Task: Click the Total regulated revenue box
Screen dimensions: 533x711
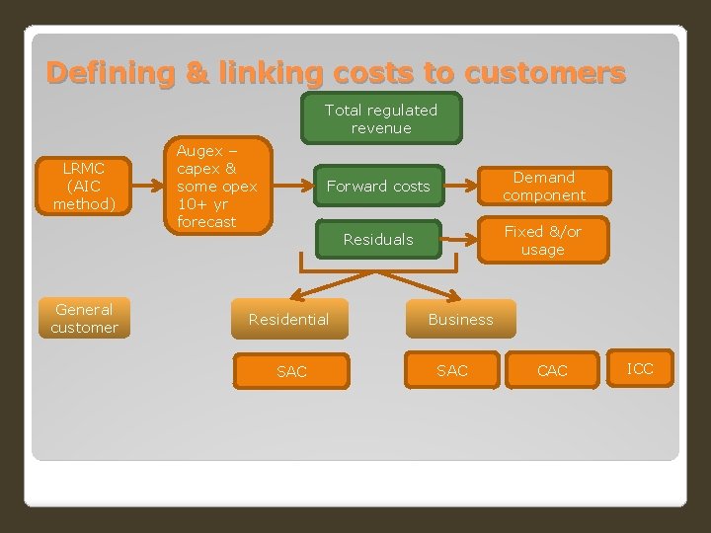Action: click(381, 119)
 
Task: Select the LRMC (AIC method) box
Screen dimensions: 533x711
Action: click(84, 186)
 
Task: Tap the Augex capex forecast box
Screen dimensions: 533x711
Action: click(216, 187)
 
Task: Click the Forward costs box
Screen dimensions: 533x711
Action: click(378, 186)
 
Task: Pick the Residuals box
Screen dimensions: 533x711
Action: click(378, 239)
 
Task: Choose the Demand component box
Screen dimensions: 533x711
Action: click(543, 187)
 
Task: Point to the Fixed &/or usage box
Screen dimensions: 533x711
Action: click(543, 240)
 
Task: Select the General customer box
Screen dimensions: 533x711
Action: click(84, 319)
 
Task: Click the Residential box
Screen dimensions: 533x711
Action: click(288, 319)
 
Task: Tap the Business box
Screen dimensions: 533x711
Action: click(460, 319)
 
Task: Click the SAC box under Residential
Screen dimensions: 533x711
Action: click(291, 371)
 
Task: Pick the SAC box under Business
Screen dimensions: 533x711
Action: click(452, 371)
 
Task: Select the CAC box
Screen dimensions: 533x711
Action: click(552, 371)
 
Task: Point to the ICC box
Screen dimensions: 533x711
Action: click(640, 369)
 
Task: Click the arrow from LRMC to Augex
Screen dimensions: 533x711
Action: click(144, 184)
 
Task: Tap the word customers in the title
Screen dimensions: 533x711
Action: click(544, 73)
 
